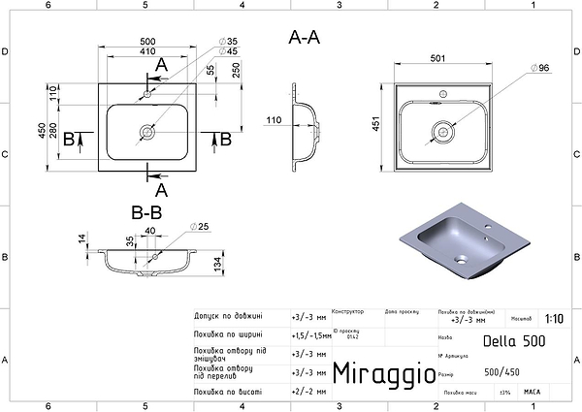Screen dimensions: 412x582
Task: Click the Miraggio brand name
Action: point(379,374)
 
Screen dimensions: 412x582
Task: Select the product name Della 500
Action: point(514,341)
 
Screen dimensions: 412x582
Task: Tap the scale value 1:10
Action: point(554,318)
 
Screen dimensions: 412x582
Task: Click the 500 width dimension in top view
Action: point(147,42)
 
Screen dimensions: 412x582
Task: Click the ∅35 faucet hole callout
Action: point(229,43)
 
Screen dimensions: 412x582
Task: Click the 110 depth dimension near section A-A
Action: point(275,122)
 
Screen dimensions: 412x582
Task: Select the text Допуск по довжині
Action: point(227,316)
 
